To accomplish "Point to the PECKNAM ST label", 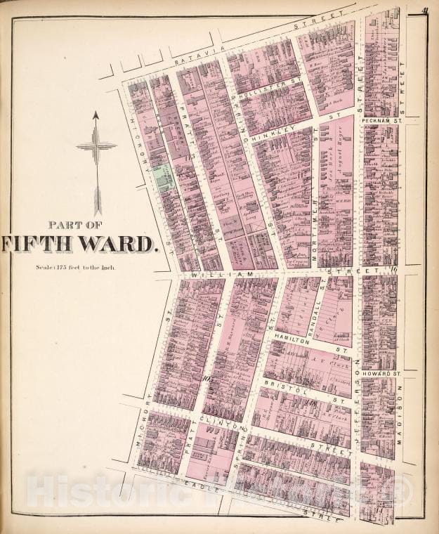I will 381,120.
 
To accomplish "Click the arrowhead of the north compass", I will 96,115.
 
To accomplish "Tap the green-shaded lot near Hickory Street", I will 164,177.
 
